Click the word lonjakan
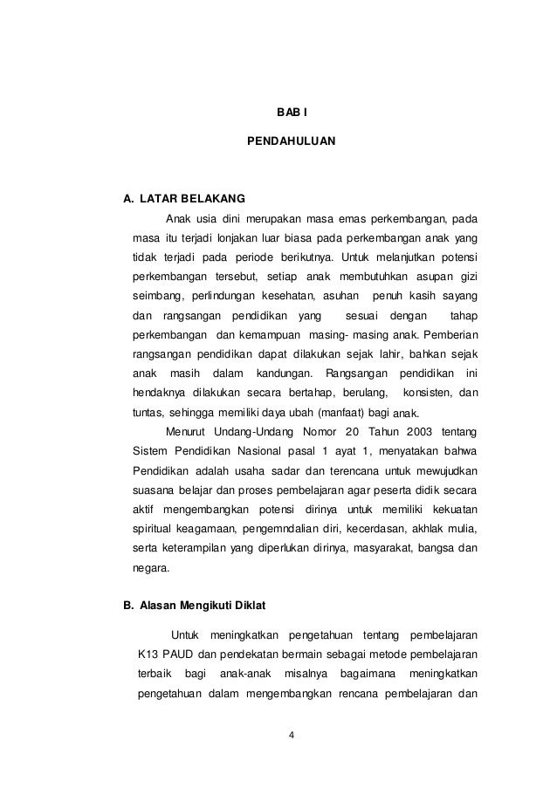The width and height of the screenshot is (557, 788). pos(235,238)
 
